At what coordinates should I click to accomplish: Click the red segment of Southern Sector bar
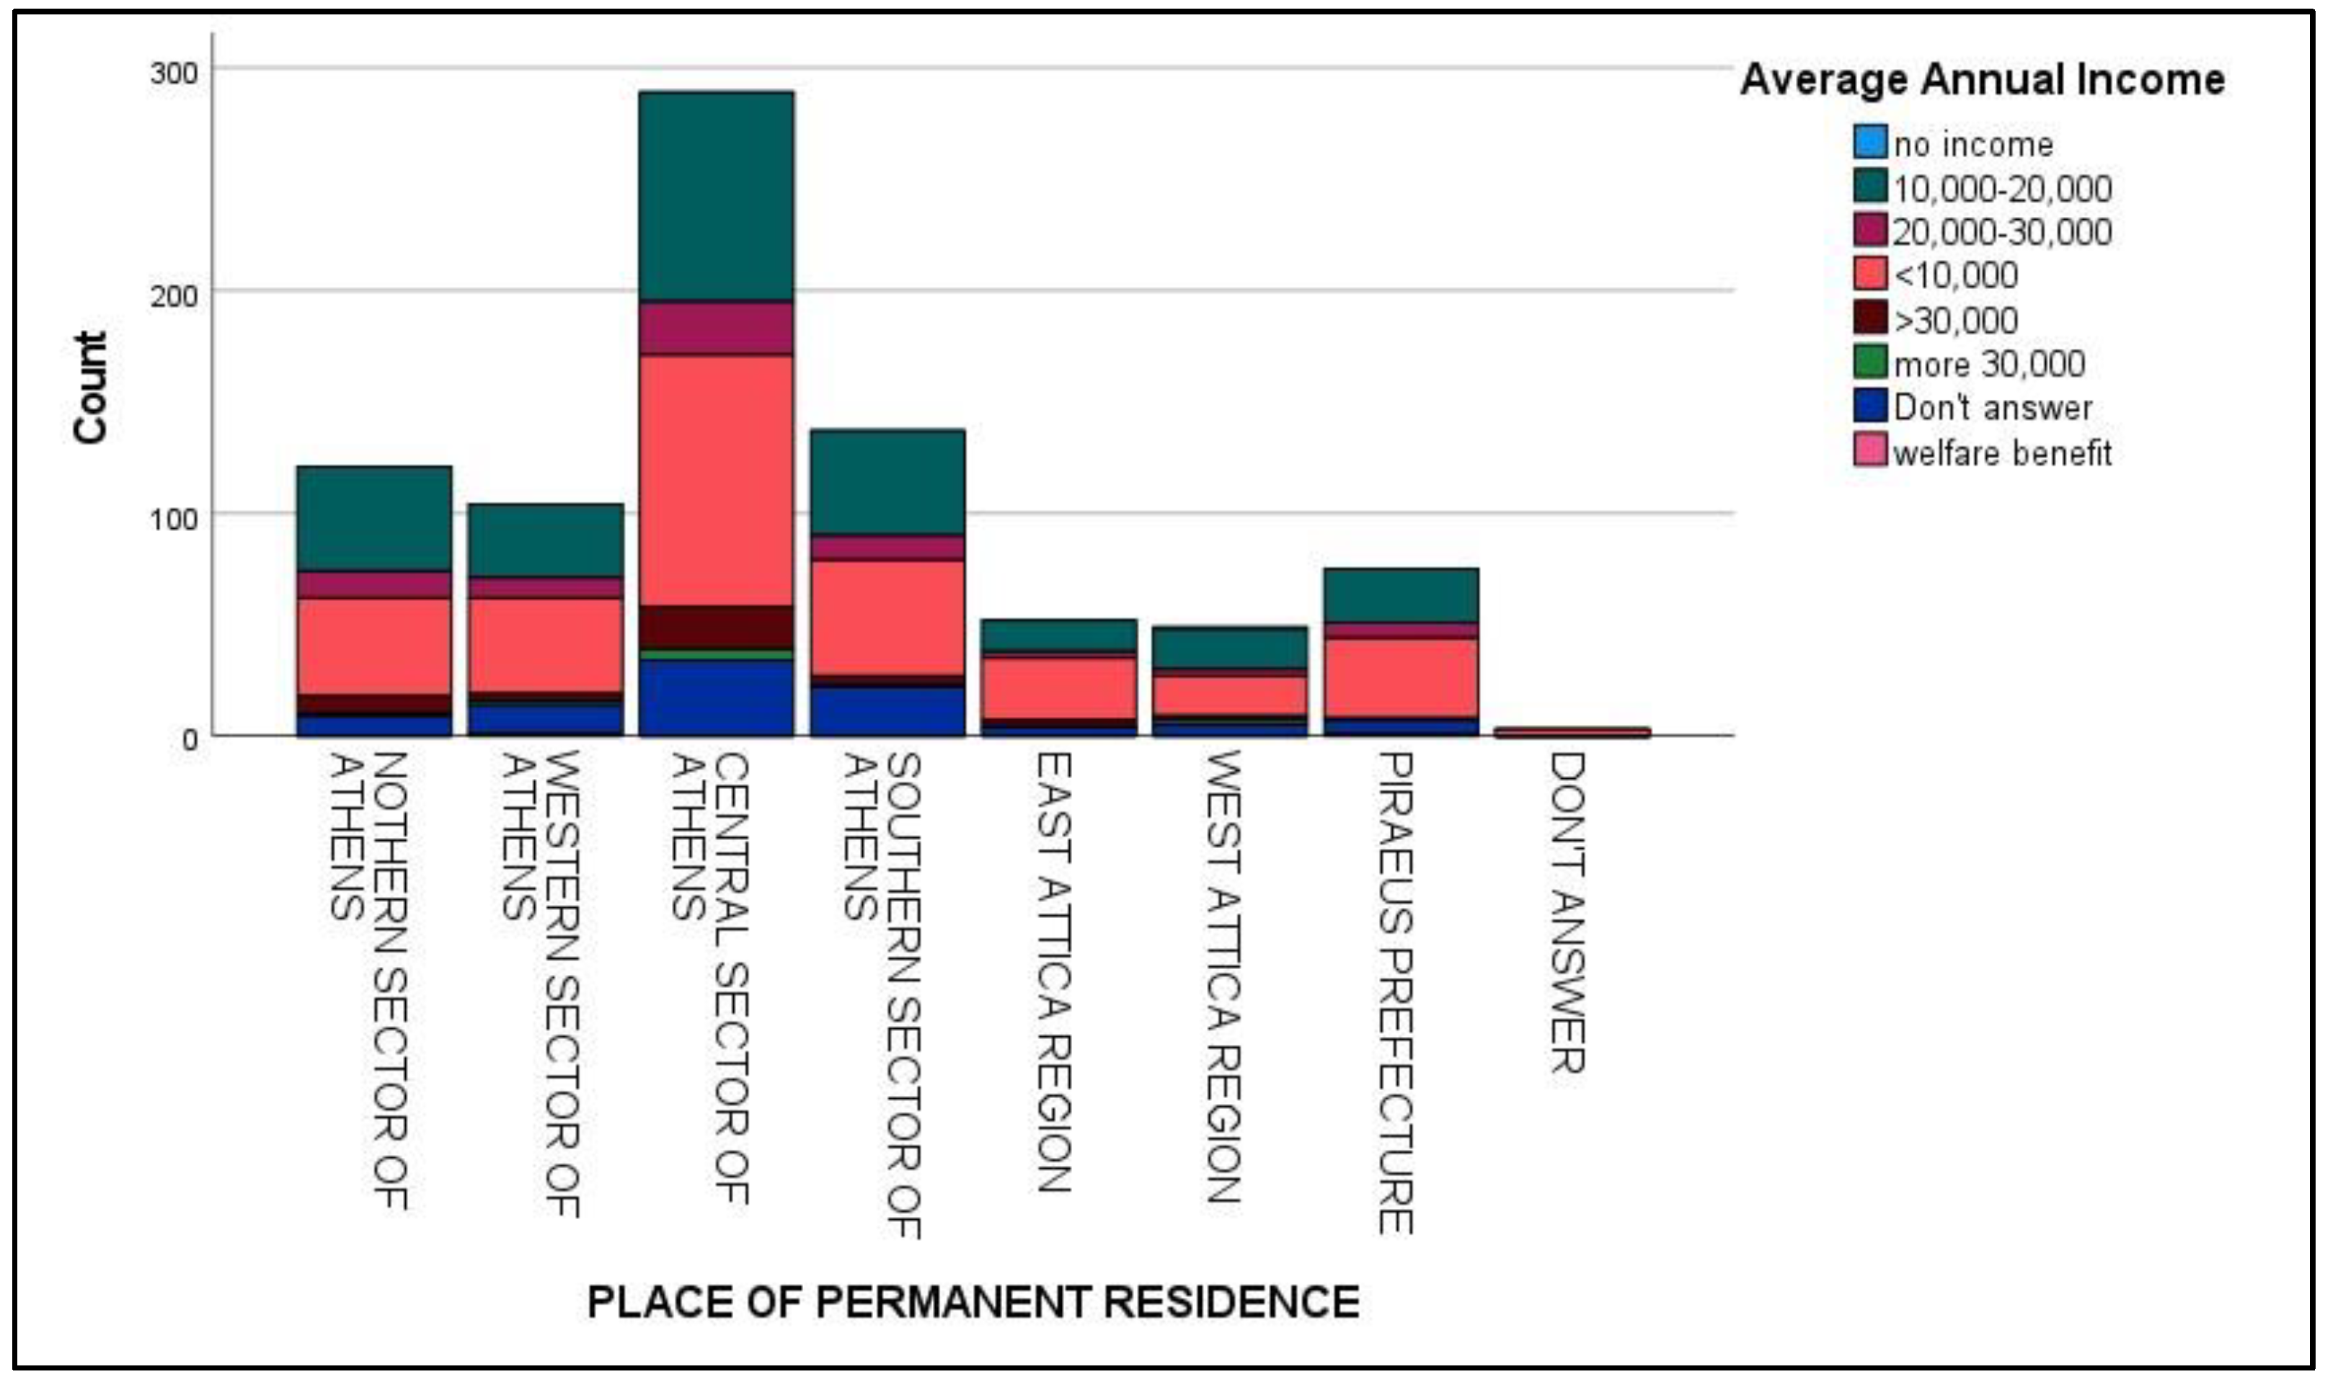pyautogui.click(x=887, y=618)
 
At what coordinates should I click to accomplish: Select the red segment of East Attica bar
pyautogui.click(x=1058, y=687)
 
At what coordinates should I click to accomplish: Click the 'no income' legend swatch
pyautogui.click(x=1869, y=143)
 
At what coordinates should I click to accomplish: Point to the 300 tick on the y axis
pyautogui.click(x=174, y=72)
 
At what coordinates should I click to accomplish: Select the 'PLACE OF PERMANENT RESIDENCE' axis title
pyautogui.click(x=973, y=1302)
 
